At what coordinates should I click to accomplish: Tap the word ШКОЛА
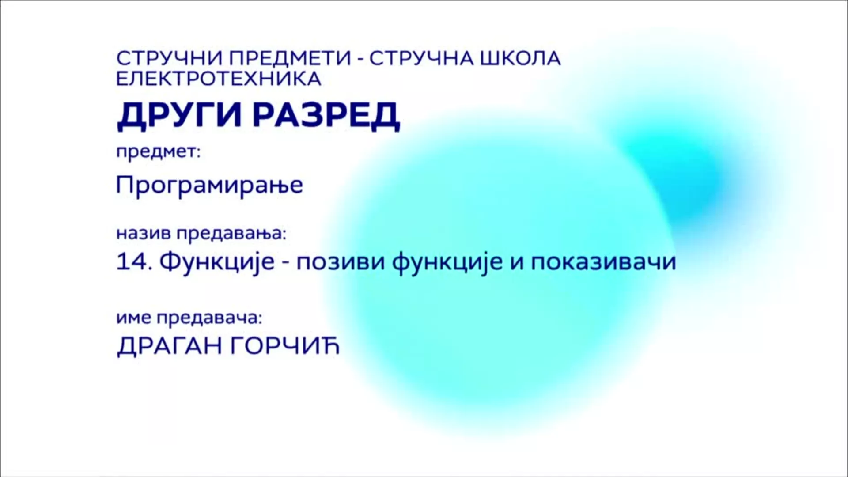click(520, 58)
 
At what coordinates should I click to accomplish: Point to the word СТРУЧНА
click(421, 58)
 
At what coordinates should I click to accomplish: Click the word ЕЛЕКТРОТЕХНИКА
click(219, 79)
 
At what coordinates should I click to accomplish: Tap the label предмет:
click(158, 153)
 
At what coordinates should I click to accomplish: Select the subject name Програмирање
click(209, 185)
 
